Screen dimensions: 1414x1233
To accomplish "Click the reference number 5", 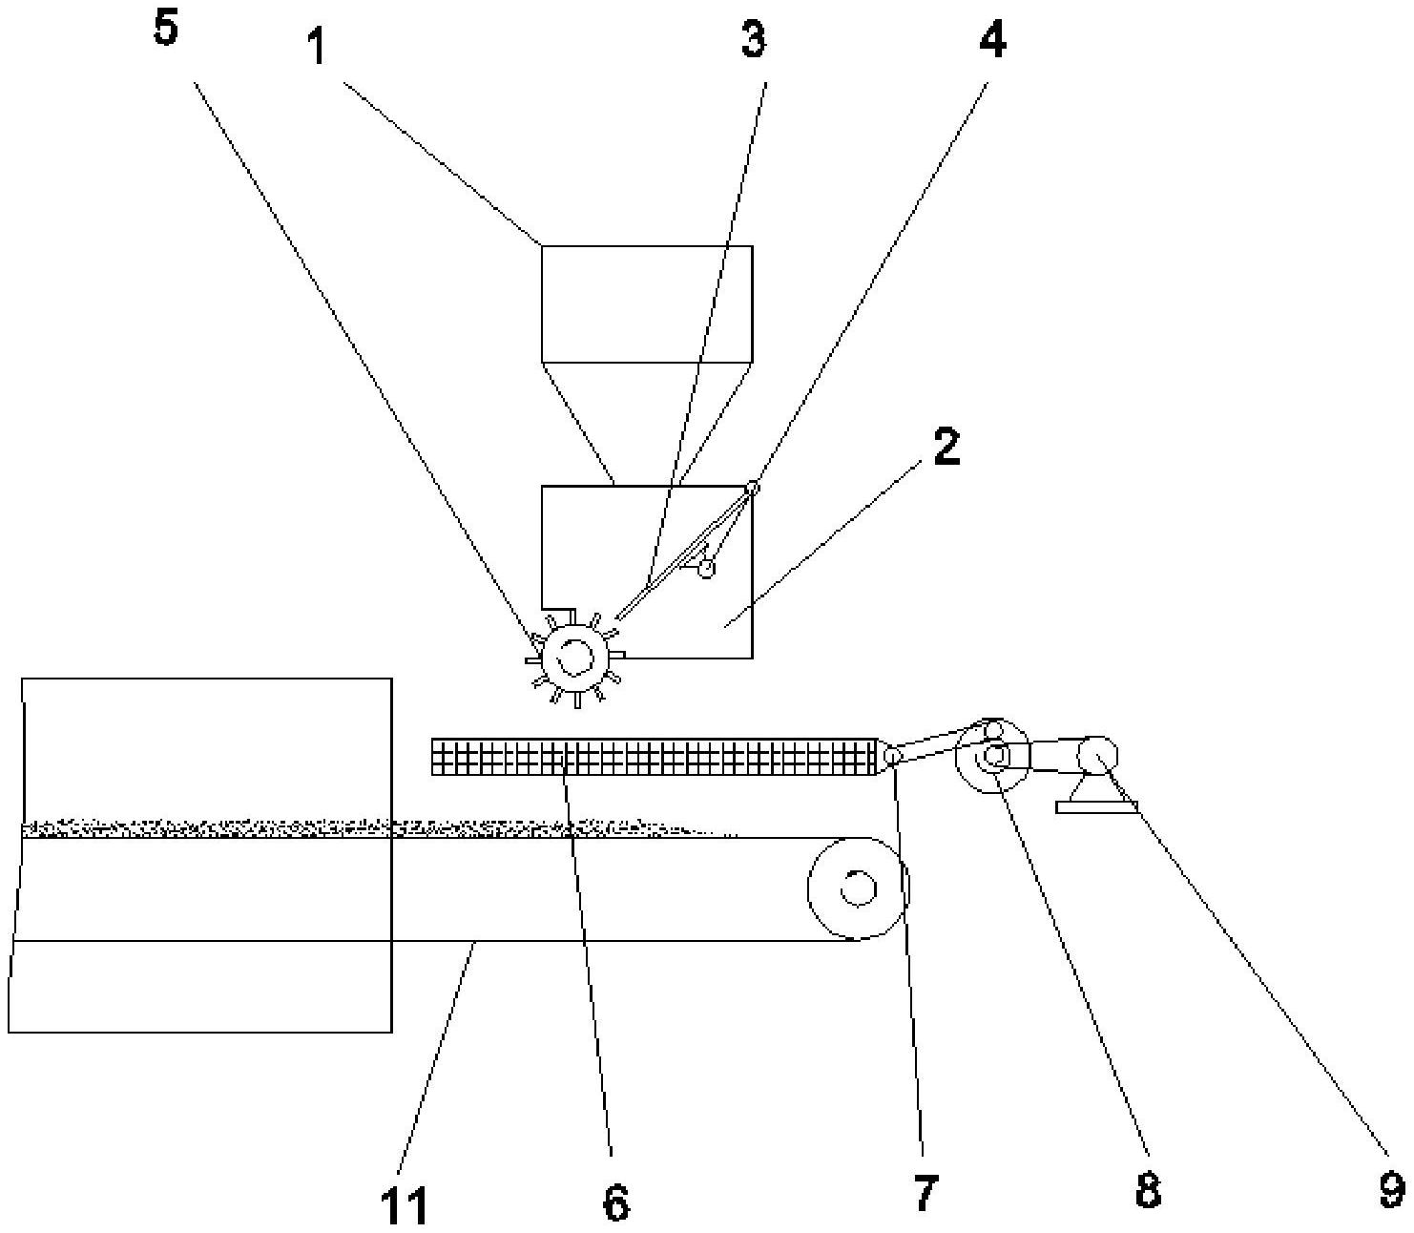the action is (166, 29).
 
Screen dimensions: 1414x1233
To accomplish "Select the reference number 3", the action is (754, 39).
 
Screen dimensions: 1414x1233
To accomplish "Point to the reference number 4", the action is (992, 39).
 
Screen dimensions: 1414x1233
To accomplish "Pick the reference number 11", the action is (405, 1206).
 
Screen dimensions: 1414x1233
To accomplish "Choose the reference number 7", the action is (925, 1193).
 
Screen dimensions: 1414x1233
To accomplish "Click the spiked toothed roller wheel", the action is (575, 658).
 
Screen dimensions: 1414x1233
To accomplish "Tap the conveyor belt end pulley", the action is (859, 888).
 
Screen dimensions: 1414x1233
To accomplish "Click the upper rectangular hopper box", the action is (647, 303).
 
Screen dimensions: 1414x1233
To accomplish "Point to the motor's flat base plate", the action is (1096, 805).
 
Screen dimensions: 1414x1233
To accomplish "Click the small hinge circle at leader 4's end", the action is (752, 488).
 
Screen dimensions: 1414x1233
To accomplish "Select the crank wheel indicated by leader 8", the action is (991, 756).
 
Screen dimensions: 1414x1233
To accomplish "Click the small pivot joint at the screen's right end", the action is (891, 757).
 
